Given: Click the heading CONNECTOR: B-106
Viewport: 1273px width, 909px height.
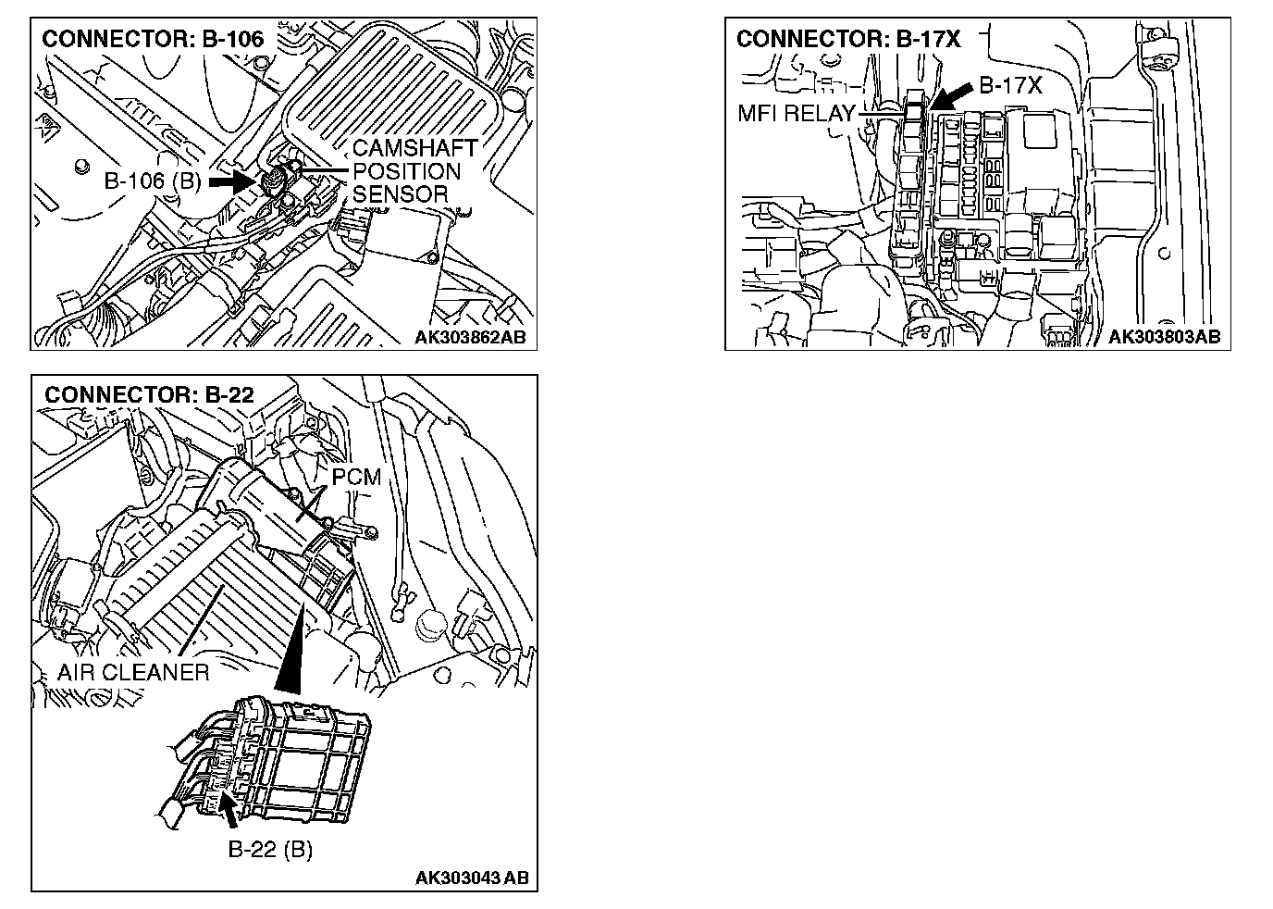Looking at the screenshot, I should [x=154, y=39].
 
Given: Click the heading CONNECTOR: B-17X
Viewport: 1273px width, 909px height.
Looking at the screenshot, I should [x=848, y=39].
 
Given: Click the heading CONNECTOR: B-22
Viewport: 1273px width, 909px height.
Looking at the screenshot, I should [x=149, y=394].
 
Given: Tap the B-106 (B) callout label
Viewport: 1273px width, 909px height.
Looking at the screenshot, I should [x=153, y=181].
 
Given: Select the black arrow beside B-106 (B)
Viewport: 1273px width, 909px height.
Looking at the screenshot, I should [x=231, y=181].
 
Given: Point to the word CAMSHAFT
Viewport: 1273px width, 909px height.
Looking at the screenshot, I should [x=415, y=148].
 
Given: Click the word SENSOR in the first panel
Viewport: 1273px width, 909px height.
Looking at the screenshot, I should [x=400, y=194].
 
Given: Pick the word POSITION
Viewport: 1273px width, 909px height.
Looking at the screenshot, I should [x=406, y=171].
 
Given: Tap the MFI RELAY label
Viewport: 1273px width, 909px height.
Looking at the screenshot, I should [x=797, y=115].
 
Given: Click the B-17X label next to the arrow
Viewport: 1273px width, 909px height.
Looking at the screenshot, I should [x=1010, y=86].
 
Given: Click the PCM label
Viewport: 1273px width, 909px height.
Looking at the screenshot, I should [x=356, y=478].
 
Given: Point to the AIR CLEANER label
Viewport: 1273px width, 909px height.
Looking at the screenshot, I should [x=133, y=672].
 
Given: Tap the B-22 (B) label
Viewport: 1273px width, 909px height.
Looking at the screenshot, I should [x=270, y=849].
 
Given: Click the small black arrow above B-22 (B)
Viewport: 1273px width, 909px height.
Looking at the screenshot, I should [x=228, y=809].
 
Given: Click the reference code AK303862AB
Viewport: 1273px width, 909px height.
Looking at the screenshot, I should [x=469, y=338].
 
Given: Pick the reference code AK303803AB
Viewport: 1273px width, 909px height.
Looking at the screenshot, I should [x=1164, y=337].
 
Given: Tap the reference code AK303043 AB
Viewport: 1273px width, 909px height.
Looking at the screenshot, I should [x=472, y=878].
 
